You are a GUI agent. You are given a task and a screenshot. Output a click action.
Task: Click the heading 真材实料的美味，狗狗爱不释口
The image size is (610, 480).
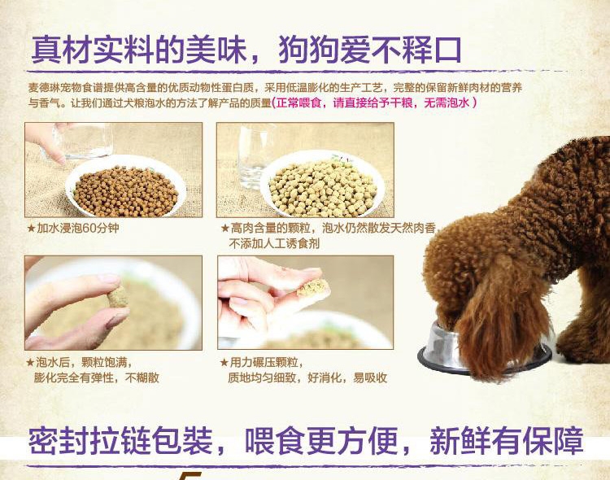click(x=246, y=50)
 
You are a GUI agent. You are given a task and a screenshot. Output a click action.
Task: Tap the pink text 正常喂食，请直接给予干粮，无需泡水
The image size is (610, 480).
click(x=374, y=103)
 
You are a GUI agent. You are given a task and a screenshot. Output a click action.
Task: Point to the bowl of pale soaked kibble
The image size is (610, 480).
click(x=322, y=182)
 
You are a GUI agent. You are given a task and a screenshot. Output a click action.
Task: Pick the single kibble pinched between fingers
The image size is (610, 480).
click(x=117, y=297)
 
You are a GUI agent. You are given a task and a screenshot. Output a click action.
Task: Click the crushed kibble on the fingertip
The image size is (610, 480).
click(x=313, y=288)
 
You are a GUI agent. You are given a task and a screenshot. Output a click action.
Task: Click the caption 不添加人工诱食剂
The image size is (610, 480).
click(x=274, y=244)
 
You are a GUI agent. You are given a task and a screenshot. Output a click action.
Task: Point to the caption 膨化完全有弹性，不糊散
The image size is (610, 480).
click(x=97, y=377)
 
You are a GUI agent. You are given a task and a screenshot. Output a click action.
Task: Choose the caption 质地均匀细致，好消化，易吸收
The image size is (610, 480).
click(x=307, y=377)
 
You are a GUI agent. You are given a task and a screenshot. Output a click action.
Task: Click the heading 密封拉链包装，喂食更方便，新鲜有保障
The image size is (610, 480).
click(x=306, y=441)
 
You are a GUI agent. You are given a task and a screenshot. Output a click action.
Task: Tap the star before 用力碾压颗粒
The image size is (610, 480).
click(x=224, y=363)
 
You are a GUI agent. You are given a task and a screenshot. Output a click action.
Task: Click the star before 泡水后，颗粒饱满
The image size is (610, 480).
click(x=30, y=363)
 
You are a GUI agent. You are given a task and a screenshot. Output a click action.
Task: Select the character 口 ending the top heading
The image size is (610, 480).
click(x=448, y=50)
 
